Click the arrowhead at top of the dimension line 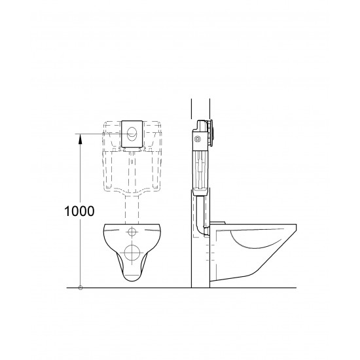point(80,136)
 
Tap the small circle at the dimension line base point(80,287)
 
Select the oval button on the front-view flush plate point(133,134)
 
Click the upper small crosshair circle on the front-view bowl point(133,232)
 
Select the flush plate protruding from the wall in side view point(211,131)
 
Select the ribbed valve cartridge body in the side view point(200,167)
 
